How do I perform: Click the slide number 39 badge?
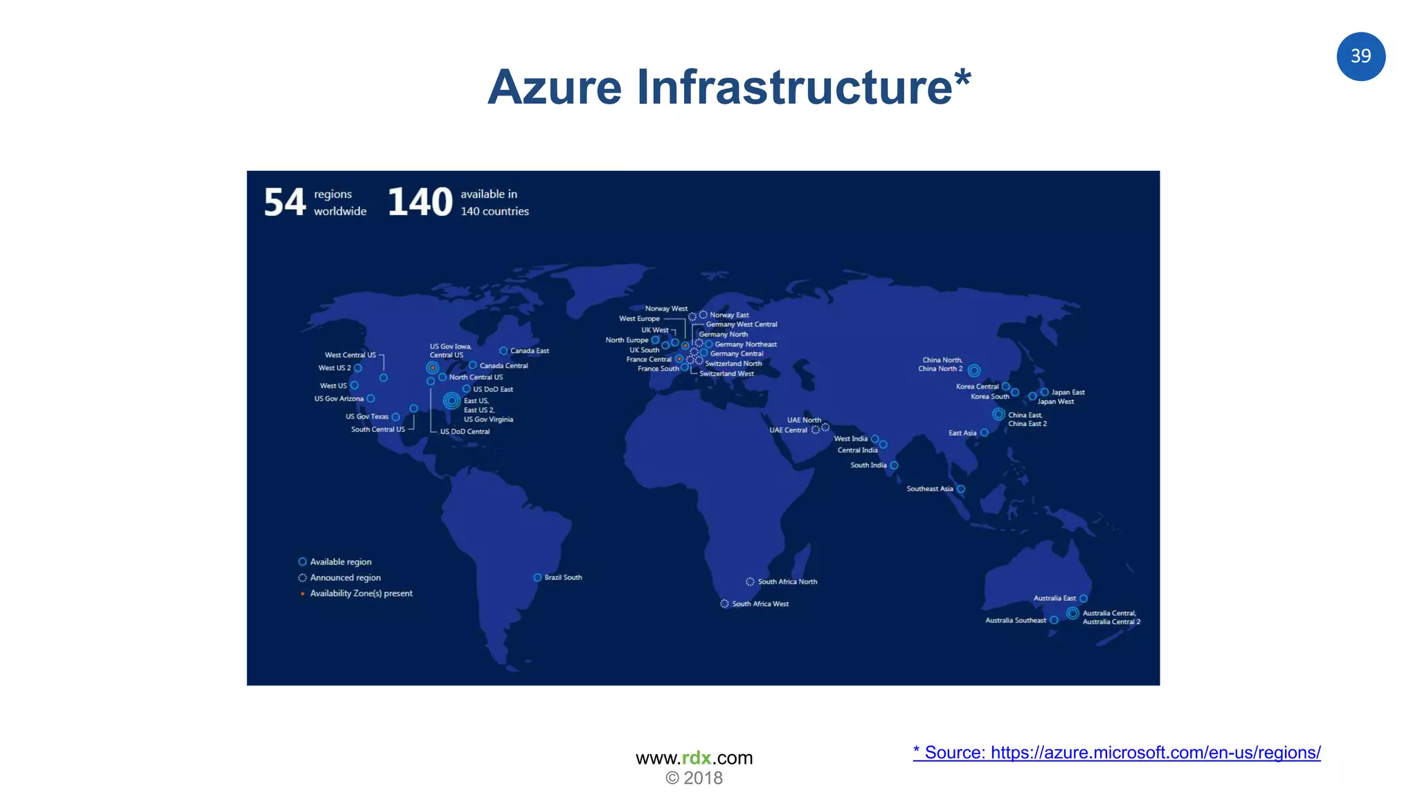pyautogui.click(x=1361, y=56)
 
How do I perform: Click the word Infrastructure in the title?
pyautogui.click(x=794, y=87)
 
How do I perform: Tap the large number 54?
pyautogui.click(x=285, y=203)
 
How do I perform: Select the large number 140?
pyautogui.click(x=420, y=203)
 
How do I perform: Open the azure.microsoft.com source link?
pyautogui.click(x=1116, y=752)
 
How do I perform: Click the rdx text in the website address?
pyautogui.click(x=697, y=758)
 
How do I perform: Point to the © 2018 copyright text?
pyautogui.click(x=694, y=778)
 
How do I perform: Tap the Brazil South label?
pyautogui.click(x=563, y=577)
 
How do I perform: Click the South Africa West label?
pyautogui.click(x=760, y=604)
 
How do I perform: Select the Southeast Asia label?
pyautogui.click(x=930, y=488)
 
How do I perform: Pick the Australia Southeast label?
pyautogui.click(x=1016, y=620)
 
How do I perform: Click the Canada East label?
pyautogui.click(x=530, y=351)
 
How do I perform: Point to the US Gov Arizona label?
pyautogui.click(x=339, y=398)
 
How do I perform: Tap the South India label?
pyautogui.click(x=868, y=465)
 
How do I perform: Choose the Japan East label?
pyautogui.click(x=1068, y=392)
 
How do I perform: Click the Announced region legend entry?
pyautogui.click(x=345, y=578)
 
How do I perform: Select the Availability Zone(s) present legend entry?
pyautogui.click(x=361, y=594)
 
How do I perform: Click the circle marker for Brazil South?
pyautogui.click(x=537, y=577)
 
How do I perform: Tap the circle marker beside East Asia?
pyautogui.click(x=984, y=432)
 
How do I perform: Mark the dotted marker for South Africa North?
pyautogui.click(x=750, y=582)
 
